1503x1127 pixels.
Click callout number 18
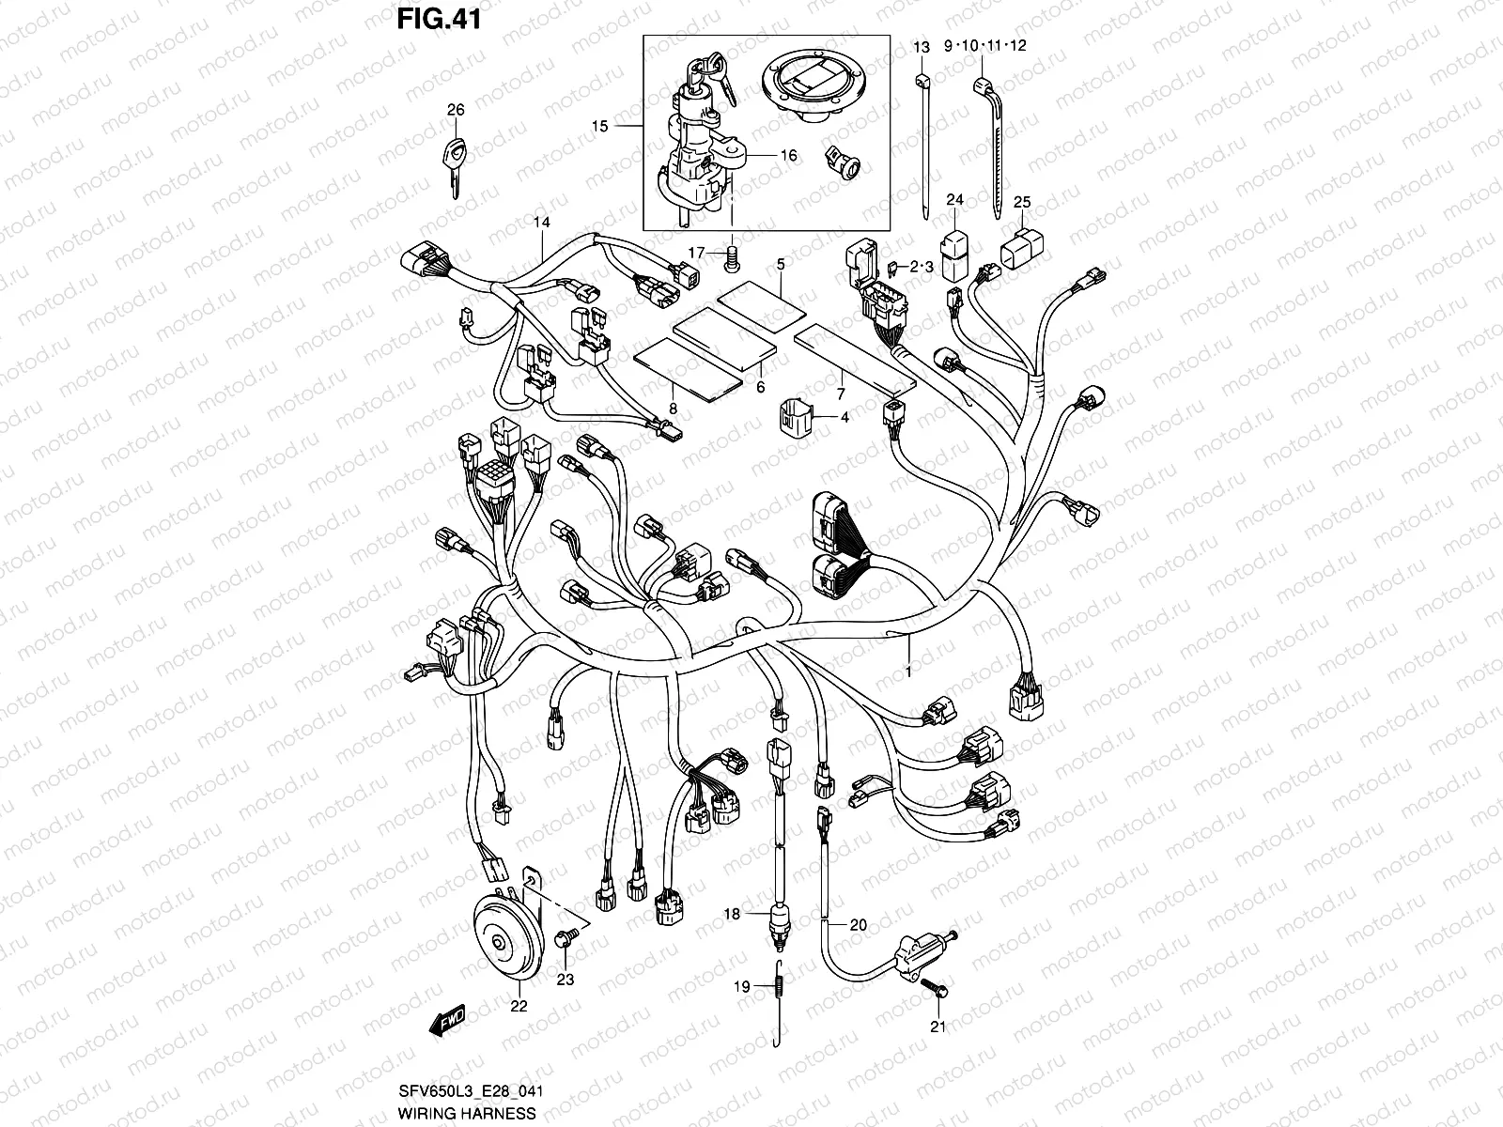(x=733, y=913)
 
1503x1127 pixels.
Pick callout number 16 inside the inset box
(x=788, y=154)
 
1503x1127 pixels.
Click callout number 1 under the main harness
(x=907, y=672)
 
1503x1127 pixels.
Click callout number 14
(x=540, y=223)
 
